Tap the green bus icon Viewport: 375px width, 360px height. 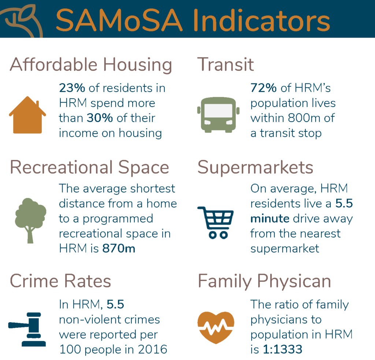point(218,115)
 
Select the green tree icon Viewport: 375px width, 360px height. point(30,220)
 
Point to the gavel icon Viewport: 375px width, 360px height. point(27,329)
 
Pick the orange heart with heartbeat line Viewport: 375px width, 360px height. point(216,327)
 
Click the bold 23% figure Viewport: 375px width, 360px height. point(72,88)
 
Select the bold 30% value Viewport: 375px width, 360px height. point(100,118)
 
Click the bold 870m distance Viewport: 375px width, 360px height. point(119,248)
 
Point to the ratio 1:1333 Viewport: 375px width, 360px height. point(283,349)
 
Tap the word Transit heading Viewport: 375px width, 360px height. point(225,64)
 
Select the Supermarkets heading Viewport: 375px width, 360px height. point(255,167)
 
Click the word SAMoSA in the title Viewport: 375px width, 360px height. point(119,20)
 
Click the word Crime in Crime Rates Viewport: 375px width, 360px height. point(34,281)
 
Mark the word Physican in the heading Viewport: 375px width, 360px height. point(294,282)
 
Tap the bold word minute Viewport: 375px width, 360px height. point(270,219)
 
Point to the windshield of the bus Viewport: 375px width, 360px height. point(218,111)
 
